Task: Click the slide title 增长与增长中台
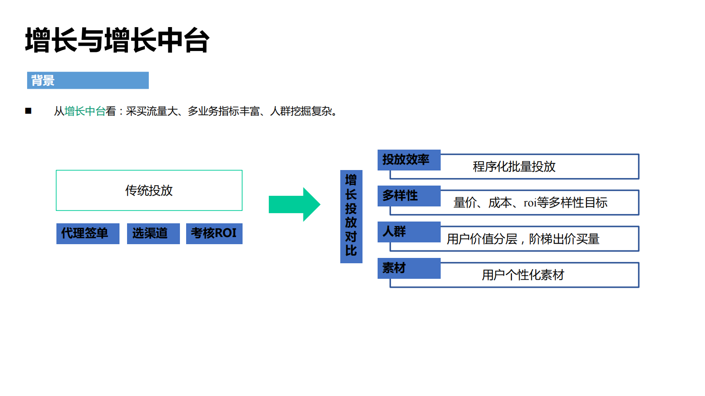pos(117,40)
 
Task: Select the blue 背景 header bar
pos(88,80)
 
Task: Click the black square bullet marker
pos(28,111)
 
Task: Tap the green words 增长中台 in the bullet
pos(85,111)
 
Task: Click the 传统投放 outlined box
pos(149,190)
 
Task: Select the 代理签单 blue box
pos(88,234)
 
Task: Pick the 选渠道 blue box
pos(153,234)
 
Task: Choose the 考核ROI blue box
pos(214,234)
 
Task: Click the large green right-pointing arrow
pos(294,204)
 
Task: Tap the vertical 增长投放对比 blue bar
pos(351,216)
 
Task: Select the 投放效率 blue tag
pos(408,160)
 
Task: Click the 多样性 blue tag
pos(408,196)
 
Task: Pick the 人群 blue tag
pos(408,232)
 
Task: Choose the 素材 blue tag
pos(408,268)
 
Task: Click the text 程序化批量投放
pos(514,167)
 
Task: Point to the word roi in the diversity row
pos(530,203)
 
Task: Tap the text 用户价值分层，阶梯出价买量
pos(523,239)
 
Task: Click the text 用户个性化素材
pos(523,275)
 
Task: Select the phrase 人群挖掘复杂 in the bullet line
pos(301,111)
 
